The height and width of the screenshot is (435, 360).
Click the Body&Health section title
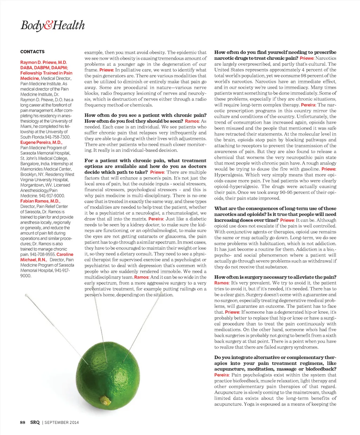53,25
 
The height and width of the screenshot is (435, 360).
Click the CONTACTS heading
32,52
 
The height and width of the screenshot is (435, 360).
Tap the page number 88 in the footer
22,422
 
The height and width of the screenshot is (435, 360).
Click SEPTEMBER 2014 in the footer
62,422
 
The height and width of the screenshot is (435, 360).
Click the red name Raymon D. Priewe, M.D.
44,62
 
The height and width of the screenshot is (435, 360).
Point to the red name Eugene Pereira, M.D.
41,142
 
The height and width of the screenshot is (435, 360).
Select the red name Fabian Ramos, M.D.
40,201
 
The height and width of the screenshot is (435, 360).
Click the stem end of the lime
104,400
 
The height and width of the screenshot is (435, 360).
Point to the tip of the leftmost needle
26,295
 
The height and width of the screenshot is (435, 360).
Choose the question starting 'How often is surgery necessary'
275,277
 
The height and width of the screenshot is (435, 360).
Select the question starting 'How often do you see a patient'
145,115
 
